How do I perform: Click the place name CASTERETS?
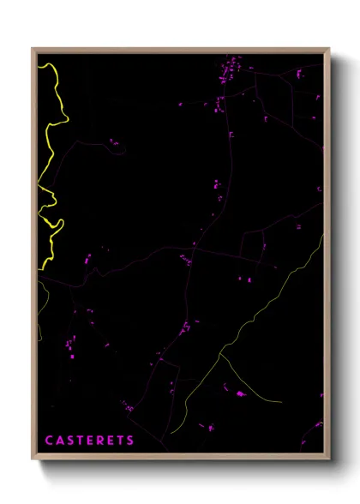pos(89,441)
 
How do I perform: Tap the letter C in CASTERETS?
pos(49,441)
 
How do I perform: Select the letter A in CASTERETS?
pos(59,441)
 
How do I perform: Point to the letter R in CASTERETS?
pos(99,441)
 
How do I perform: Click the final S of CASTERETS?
pos(130,441)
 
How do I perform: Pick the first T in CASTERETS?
pos(79,441)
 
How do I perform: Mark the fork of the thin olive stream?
pos(221,353)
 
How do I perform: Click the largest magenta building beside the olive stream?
pos(241,394)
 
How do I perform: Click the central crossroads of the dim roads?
pos(194,249)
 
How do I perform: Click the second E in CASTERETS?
pos(110,441)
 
